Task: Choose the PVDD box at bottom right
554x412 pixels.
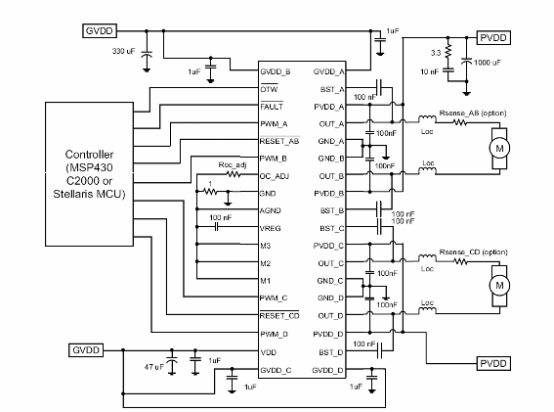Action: tap(492, 363)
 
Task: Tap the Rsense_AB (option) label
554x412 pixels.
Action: tap(473, 114)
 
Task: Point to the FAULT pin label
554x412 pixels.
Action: tap(271, 106)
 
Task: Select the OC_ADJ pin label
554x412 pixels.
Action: tap(275, 176)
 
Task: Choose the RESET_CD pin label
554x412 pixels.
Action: tap(278, 316)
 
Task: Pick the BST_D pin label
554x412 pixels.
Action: tap(326, 351)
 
